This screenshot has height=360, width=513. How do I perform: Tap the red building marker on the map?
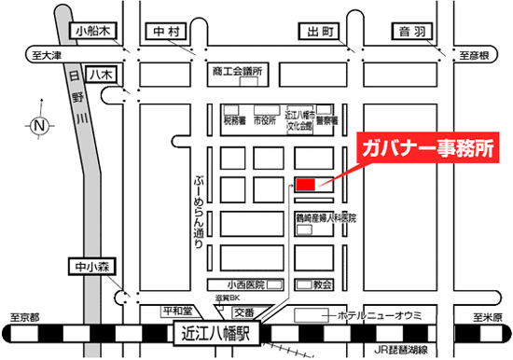pyautogui.click(x=306, y=184)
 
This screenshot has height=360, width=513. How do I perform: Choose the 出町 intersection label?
pyautogui.click(x=317, y=32)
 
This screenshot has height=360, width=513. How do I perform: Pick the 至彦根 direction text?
pyautogui.click(x=474, y=55)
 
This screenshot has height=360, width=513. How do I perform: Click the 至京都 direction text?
pyautogui.click(x=21, y=317)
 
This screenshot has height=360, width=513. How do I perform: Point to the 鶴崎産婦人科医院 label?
pyautogui.click(x=326, y=216)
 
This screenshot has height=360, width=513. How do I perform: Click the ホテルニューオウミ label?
pyautogui.click(x=383, y=312)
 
